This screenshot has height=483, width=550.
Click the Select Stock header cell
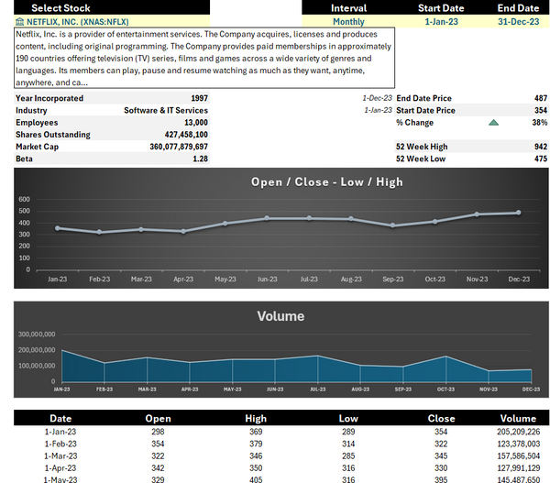pos(60,7)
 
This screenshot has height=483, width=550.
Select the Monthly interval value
pos(348,20)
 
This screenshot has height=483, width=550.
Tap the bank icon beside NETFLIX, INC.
pos(20,20)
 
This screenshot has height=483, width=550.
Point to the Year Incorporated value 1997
pos(199,98)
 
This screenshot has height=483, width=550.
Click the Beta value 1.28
pos(200,159)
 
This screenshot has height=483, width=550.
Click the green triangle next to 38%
pos(494,123)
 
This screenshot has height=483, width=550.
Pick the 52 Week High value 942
pos(540,147)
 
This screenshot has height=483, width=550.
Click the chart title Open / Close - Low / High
pos(326,181)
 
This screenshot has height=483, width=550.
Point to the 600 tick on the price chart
pos(24,199)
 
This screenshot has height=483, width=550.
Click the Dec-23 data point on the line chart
pos(519,213)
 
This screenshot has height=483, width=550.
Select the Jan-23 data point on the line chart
pos(57,228)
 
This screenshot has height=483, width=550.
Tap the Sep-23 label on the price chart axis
pos(392,279)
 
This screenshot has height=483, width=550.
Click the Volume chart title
pos(280,316)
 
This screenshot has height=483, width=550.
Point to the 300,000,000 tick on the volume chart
pos(37,335)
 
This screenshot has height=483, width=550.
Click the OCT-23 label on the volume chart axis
pos(445,390)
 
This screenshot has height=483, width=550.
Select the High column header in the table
pos(256,418)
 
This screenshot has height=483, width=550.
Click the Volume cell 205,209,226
pos(518,431)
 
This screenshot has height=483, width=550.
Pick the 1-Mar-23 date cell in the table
pos(60,455)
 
